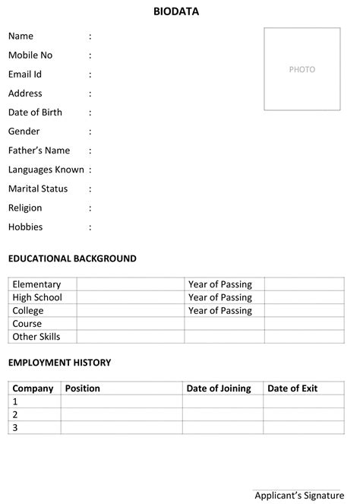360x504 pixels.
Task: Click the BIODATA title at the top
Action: point(175,11)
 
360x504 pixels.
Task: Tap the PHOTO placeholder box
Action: point(302,69)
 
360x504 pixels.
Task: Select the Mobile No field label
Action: point(30,55)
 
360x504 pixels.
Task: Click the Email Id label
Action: point(25,74)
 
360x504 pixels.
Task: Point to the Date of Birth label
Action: point(36,113)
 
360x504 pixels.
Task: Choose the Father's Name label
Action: point(39,151)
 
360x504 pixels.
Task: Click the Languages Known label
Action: point(46,170)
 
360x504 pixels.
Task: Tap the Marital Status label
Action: point(38,189)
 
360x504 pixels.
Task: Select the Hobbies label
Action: point(25,227)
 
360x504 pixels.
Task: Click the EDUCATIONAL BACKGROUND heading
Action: point(72,258)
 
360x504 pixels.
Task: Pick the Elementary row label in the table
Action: point(36,284)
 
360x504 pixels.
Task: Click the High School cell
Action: point(37,297)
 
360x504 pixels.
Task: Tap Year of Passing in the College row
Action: point(220,310)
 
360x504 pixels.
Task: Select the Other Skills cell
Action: point(36,336)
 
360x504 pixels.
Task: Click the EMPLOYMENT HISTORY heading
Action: point(59,363)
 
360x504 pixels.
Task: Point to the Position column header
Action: point(82,388)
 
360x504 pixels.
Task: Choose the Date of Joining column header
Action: point(219,388)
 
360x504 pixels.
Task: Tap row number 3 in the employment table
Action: point(15,427)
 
